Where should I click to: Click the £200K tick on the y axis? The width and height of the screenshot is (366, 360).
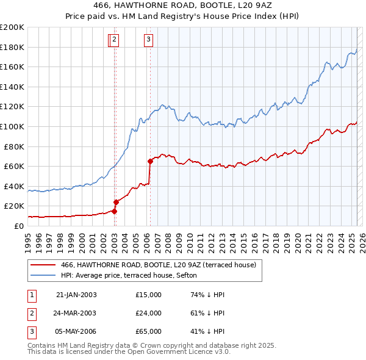click(x=12, y=27)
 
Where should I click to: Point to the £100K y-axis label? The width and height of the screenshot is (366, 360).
click(x=12, y=126)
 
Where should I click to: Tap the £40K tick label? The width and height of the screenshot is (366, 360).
click(x=14, y=186)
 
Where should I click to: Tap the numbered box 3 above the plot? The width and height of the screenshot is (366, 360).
click(x=149, y=40)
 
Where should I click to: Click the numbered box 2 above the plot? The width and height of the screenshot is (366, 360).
click(x=115, y=40)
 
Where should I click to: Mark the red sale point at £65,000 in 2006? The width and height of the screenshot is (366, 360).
click(x=150, y=162)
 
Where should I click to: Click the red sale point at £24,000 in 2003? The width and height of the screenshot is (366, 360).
click(x=116, y=202)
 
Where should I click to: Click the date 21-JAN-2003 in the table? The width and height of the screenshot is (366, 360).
click(x=76, y=295)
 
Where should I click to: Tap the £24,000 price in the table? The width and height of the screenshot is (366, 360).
click(x=149, y=313)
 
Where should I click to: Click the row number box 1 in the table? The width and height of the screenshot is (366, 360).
click(x=31, y=295)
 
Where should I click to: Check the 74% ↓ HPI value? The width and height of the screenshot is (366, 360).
click(x=208, y=295)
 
